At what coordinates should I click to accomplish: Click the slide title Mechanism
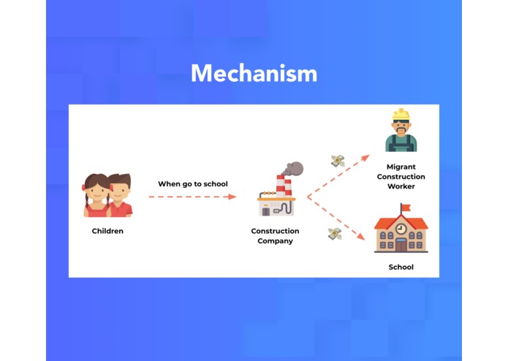(x=254, y=73)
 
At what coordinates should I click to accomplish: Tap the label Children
(x=107, y=231)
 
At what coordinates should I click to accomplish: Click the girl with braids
(x=96, y=195)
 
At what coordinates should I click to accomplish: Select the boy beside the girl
(x=121, y=194)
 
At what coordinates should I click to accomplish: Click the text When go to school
(x=193, y=183)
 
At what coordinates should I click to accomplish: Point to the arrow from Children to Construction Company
(x=192, y=197)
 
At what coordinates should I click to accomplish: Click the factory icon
(x=276, y=197)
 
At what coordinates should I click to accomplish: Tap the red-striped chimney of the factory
(x=279, y=186)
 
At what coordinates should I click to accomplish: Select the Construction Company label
(x=275, y=236)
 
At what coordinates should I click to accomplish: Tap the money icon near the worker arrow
(x=337, y=160)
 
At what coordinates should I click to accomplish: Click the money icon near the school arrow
(x=334, y=233)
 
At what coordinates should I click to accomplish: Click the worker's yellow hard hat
(x=401, y=115)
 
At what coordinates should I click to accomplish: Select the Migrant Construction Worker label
(x=401, y=176)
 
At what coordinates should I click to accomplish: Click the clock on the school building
(x=401, y=229)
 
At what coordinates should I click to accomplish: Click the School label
(x=401, y=267)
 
